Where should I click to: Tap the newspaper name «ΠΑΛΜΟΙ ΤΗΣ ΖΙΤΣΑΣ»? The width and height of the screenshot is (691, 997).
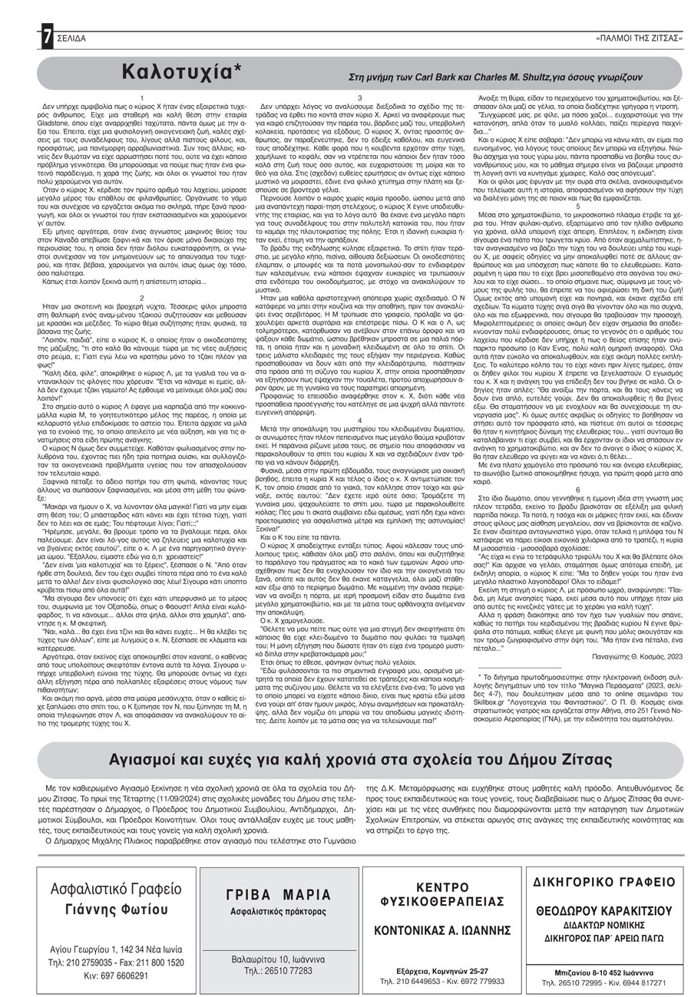638,38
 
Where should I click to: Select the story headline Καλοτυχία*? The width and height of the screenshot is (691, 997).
186,72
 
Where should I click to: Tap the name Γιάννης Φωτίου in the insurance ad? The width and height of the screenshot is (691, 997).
117,910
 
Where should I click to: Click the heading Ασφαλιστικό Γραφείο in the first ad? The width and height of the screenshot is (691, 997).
117,890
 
